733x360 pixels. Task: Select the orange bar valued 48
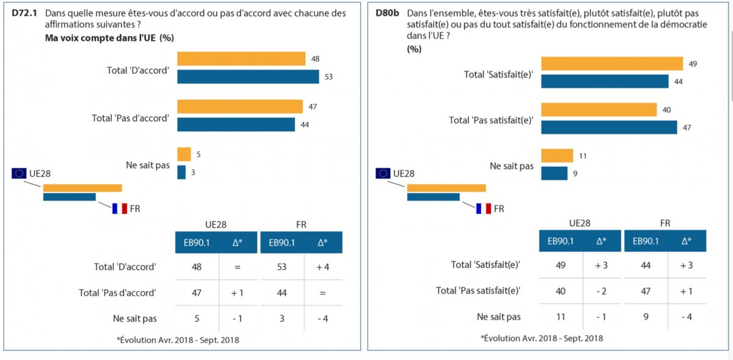tap(241, 59)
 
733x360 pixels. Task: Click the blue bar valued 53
tap(248, 76)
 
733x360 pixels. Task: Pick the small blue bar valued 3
tap(181, 172)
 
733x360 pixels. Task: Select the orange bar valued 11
tap(556, 156)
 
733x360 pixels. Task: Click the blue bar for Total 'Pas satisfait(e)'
tap(608, 127)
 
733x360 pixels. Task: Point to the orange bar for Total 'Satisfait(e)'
tap(611, 64)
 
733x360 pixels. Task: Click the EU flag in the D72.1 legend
tap(19, 174)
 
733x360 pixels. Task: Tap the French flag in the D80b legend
tap(483, 208)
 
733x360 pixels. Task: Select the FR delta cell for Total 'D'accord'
tap(322, 267)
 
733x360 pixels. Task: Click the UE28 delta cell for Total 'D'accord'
tap(237, 267)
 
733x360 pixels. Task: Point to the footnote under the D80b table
tap(542, 338)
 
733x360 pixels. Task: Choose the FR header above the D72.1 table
tap(301, 224)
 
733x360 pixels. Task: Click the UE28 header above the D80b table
tap(579, 224)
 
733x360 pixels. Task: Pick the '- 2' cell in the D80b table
tap(600, 291)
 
